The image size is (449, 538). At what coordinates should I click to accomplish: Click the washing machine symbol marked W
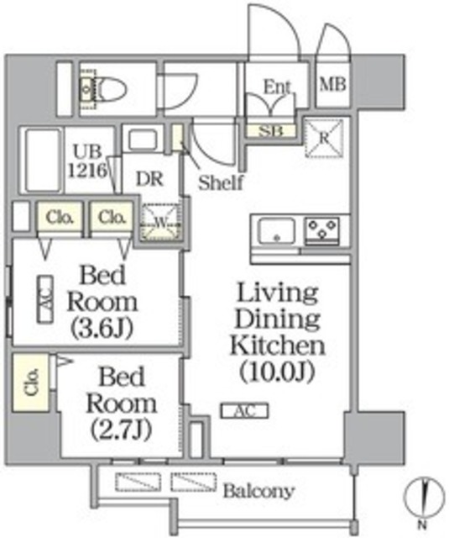point(160,224)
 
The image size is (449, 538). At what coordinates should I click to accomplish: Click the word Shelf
point(221,182)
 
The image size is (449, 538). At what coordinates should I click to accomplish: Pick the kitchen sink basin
point(276,229)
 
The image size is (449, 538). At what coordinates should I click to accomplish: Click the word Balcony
point(258,491)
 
